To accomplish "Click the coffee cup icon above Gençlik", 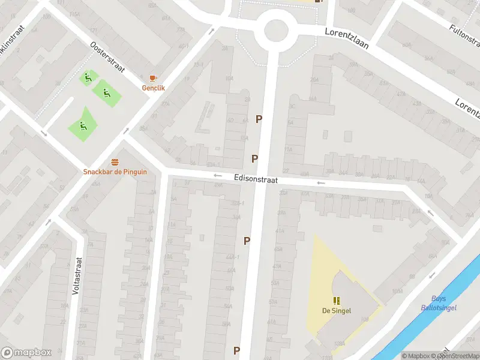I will pyautogui.click(x=153, y=78).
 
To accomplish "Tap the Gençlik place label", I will pyautogui.click(x=153, y=88).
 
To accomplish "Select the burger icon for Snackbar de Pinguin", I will pyautogui.click(x=115, y=162).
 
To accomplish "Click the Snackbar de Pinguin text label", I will pyautogui.click(x=115, y=172).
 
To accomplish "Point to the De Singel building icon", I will pyautogui.click(x=337, y=301).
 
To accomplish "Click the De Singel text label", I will pyautogui.click(x=337, y=310).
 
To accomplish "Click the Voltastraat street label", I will pyautogui.click(x=77, y=275).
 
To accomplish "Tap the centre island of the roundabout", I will pyautogui.click(x=275, y=31).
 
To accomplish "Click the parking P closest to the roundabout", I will pyautogui.click(x=259, y=119).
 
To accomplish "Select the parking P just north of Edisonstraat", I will pyautogui.click(x=255, y=159).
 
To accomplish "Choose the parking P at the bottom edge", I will pyautogui.click(x=237, y=350).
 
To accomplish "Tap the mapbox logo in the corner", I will pyautogui.click(x=26, y=353).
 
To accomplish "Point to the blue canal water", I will pyautogui.click(x=420, y=324).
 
